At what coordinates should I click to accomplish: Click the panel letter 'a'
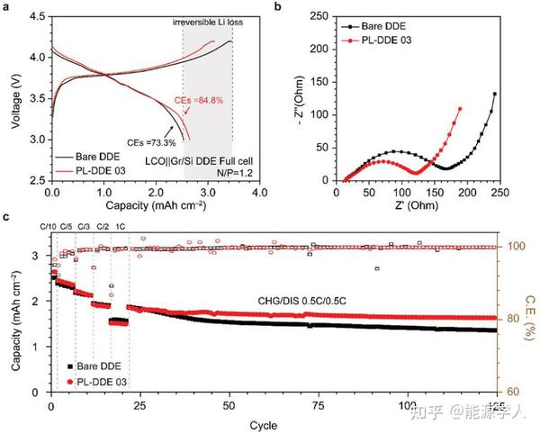(6, 7)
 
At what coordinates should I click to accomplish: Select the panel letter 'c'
(6, 216)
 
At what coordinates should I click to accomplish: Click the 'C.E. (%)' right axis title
(531, 312)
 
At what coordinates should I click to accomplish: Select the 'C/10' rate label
(49, 229)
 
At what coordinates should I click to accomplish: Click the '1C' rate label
(122, 229)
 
